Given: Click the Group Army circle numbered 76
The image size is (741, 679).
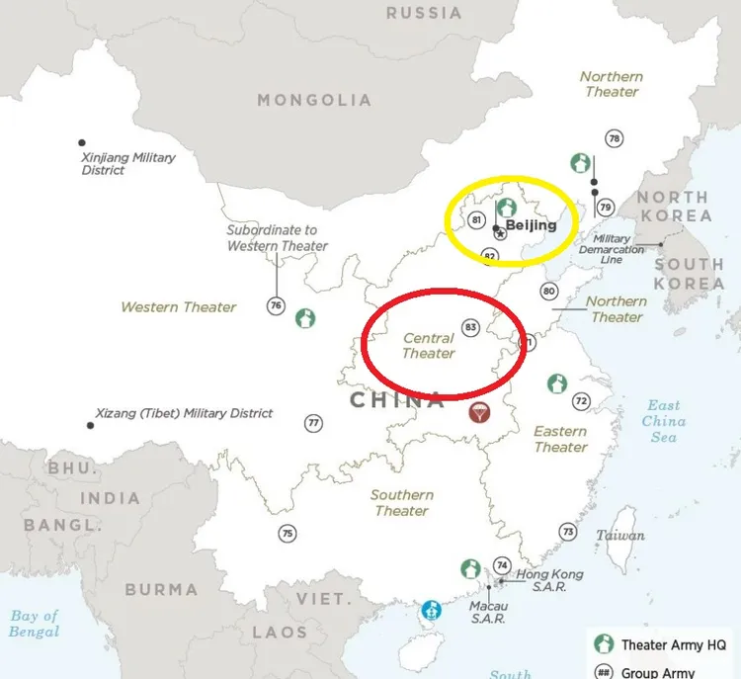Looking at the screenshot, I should click(275, 306).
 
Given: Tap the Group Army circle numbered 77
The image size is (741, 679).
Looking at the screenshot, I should click(313, 423).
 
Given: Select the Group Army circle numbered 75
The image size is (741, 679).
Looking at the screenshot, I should click(287, 534).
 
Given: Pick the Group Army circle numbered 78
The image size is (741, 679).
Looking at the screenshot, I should click(615, 139).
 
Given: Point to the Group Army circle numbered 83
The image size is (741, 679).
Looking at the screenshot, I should click(470, 327).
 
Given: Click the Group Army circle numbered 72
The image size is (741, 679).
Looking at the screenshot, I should click(581, 400).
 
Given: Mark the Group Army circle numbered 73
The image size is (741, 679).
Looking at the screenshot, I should click(567, 532).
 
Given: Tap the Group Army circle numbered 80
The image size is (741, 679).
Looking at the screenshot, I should click(549, 292).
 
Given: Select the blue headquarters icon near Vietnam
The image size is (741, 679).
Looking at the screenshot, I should click(431, 610).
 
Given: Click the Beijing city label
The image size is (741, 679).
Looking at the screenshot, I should click(531, 225).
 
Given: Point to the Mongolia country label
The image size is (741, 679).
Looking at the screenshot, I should click(314, 100).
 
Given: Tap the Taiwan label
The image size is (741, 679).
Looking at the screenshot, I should click(619, 536).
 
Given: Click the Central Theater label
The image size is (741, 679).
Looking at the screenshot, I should click(429, 346).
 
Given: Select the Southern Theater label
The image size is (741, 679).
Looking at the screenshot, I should click(401, 502).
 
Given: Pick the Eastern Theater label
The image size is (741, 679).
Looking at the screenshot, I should click(560, 439).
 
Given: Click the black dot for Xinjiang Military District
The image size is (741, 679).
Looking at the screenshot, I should click(82, 142).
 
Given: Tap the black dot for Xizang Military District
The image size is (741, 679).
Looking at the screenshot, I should click(90, 425).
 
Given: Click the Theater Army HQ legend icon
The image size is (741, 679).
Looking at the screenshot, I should click(604, 644).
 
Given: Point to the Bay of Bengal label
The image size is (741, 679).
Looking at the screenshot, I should click(35, 624).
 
